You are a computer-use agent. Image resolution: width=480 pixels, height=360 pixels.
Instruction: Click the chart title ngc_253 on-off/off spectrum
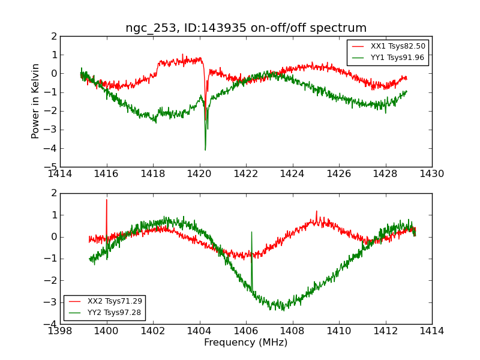point(246,28)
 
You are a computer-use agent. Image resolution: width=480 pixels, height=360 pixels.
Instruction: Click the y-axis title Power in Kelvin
point(36,101)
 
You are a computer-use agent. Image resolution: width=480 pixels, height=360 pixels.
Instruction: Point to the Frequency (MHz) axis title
point(246,343)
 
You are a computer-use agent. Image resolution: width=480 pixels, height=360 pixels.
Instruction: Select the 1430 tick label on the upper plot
point(432,173)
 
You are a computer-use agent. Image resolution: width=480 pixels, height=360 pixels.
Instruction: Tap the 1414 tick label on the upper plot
point(61,173)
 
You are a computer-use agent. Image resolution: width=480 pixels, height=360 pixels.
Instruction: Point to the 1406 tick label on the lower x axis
point(246,331)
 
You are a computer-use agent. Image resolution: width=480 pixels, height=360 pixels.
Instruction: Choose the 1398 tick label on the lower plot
point(61,331)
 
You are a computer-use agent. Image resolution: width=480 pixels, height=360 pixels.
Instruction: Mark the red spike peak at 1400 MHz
point(107,200)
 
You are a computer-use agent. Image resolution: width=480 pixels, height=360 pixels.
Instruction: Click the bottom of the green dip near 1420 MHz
point(205,149)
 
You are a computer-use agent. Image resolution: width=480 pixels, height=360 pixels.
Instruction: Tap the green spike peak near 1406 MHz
point(251,232)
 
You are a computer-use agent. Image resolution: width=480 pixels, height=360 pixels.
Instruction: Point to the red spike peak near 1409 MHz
point(317,211)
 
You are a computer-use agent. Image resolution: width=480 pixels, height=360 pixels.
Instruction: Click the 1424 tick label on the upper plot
point(293,173)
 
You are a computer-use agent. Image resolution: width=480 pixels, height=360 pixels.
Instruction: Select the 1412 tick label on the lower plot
point(385,331)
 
